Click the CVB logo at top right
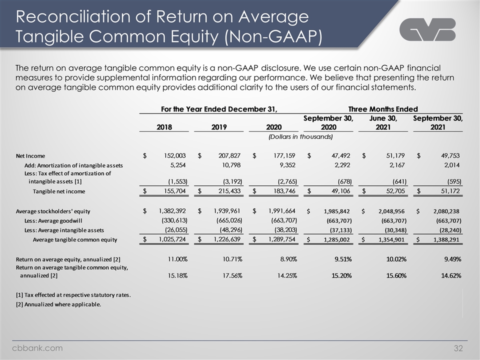(427, 29)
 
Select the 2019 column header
(219, 127)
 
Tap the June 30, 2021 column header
(383, 122)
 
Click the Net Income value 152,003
(175, 155)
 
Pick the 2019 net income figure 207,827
(229, 155)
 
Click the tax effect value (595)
(454, 181)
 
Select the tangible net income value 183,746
(284, 191)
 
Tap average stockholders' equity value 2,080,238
(446, 211)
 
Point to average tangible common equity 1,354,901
(391, 239)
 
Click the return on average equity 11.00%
(177, 259)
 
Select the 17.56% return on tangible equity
(232, 275)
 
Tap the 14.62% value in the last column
(451, 275)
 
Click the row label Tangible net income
(59, 191)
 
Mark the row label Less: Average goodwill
(53, 220)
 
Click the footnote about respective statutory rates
(73, 295)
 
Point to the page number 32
(458, 348)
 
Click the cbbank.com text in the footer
(37, 348)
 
